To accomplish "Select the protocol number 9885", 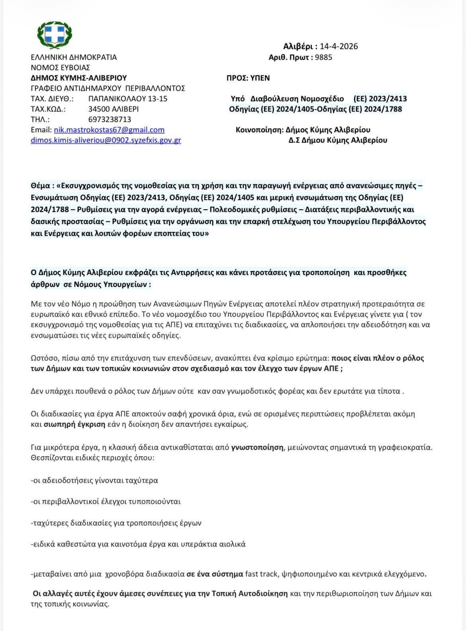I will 323,57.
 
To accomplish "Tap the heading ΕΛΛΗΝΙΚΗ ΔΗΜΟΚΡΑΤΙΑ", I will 74,57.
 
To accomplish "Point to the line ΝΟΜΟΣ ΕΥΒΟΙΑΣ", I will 60,67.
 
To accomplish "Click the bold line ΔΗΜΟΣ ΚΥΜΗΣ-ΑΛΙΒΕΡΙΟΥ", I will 78,78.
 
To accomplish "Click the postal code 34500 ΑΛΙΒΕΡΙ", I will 114,109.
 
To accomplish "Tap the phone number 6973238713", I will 110,119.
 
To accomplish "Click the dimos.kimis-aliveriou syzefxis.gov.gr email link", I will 106,140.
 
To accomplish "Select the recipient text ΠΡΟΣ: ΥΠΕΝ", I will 248,78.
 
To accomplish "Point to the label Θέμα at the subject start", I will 41,186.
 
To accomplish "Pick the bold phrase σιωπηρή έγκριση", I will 74,424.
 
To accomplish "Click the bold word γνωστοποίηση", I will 257,447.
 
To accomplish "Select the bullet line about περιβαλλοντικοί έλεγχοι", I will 106,501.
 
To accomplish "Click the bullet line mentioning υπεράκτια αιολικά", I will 138,544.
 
